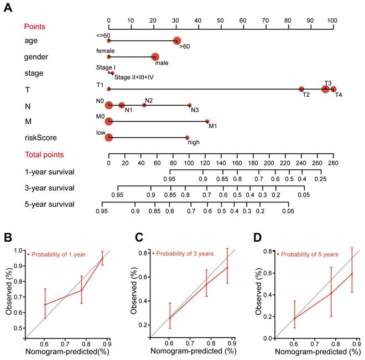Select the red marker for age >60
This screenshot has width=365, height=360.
tap(176, 40)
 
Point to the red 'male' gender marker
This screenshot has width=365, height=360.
tap(155, 56)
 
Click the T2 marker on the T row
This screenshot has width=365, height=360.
tap(301, 89)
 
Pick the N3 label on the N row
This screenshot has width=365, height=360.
tap(195, 110)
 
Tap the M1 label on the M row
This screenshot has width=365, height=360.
tap(212, 126)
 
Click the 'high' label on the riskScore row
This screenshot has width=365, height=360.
tap(194, 142)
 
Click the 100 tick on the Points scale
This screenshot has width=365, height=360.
tap(332, 19)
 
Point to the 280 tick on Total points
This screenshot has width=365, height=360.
tap(332, 163)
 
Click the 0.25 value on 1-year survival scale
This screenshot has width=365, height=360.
tap(320, 179)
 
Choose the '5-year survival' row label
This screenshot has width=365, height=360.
tap(49, 204)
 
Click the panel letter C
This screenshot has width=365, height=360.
tap(140, 238)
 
